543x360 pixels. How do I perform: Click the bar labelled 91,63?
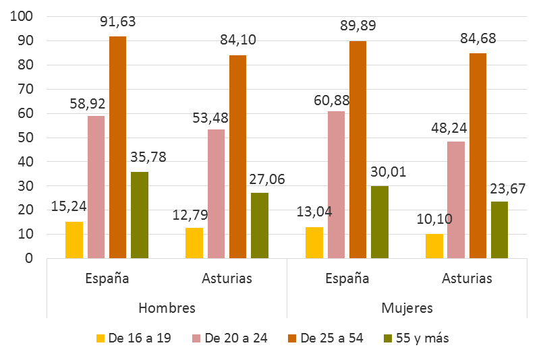point(117,147)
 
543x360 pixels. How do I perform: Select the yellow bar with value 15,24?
point(74,240)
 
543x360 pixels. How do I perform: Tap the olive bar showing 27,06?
point(260,225)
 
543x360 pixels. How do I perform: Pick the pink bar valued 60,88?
point(336,184)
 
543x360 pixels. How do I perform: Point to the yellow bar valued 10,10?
point(434,246)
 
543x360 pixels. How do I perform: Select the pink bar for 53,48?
point(216,193)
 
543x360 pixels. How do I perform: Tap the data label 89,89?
point(357,26)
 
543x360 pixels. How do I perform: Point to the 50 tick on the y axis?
point(26,138)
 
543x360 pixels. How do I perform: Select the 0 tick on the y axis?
point(29,258)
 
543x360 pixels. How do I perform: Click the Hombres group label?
point(167,308)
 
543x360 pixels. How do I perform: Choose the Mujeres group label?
point(407,308)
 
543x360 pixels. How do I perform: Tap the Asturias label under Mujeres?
point(467,278)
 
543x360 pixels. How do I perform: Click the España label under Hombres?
point(107,278)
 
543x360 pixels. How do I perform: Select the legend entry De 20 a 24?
point(230,338)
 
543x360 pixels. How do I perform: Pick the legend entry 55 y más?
point(416,338)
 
